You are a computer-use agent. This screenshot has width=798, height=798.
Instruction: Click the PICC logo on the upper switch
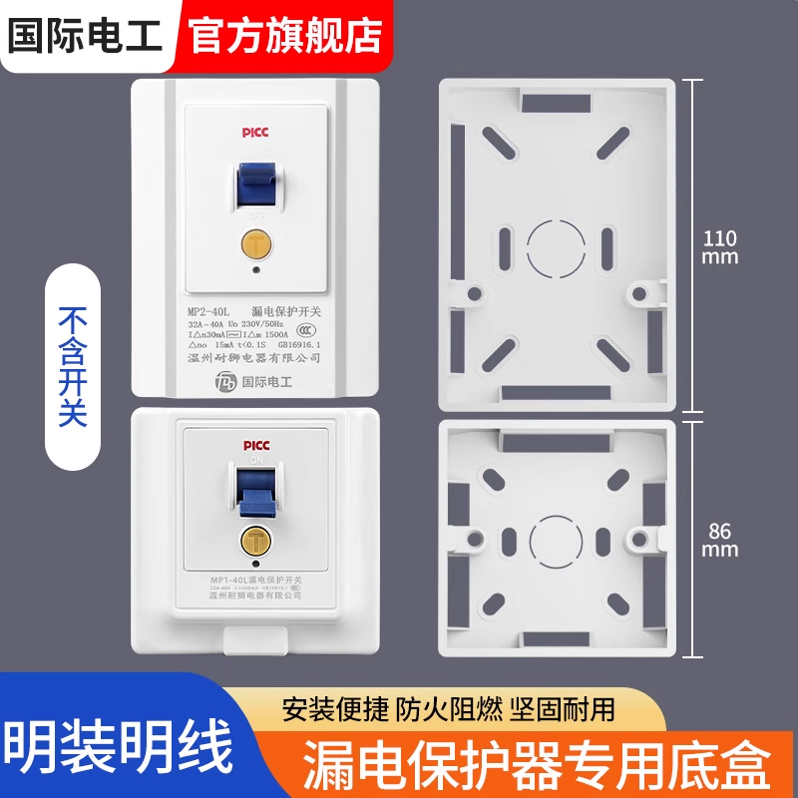click(x=256, y=131)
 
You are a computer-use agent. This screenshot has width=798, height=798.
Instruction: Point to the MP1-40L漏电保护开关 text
click(x=256, y=581)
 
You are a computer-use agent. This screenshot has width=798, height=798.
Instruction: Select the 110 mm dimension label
click(x=719, y=246)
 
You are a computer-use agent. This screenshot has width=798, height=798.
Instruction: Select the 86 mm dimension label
click(x=719, y=540)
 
